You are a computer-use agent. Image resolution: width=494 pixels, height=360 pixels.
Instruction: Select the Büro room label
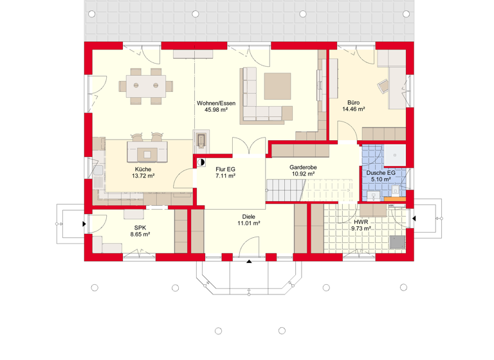coord(353,102)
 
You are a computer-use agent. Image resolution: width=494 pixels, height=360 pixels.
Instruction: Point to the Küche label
coord(143,169)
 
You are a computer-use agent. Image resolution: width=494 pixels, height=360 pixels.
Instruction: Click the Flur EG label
coord(225,169)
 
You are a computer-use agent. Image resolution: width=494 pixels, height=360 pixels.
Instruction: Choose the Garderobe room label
coord(302,166)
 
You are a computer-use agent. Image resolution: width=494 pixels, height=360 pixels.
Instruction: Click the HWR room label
coord(361,221)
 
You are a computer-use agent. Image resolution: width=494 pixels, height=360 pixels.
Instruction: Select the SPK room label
coord(140,228)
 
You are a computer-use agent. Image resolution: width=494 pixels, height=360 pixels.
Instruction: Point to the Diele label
coord(248,217)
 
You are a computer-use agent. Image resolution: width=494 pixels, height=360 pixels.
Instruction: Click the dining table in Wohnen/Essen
coord(145,84)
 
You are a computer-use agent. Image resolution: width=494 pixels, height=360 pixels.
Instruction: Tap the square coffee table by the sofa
coord(277,87)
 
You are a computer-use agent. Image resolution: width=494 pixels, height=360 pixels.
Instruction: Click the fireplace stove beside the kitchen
coord(201,140)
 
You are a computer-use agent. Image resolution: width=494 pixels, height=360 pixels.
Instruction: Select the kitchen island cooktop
coord(148,154)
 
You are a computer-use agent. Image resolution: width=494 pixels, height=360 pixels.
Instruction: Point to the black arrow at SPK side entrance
coord(84,224)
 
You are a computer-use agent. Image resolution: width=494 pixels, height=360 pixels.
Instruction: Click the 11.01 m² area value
coord(248,224)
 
